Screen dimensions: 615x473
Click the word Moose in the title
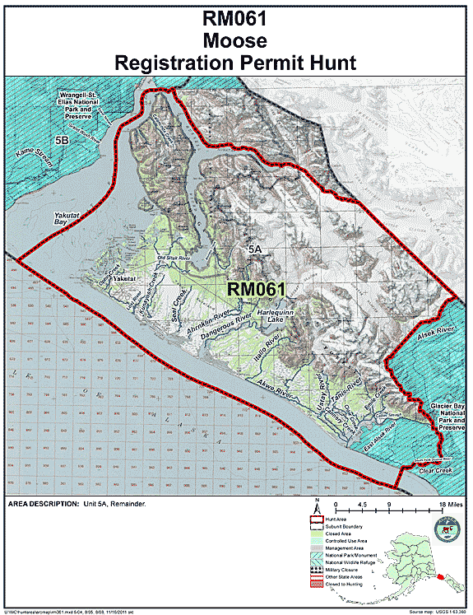(x=236, y=40)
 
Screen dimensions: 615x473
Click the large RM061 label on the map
(x=255, y=289)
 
